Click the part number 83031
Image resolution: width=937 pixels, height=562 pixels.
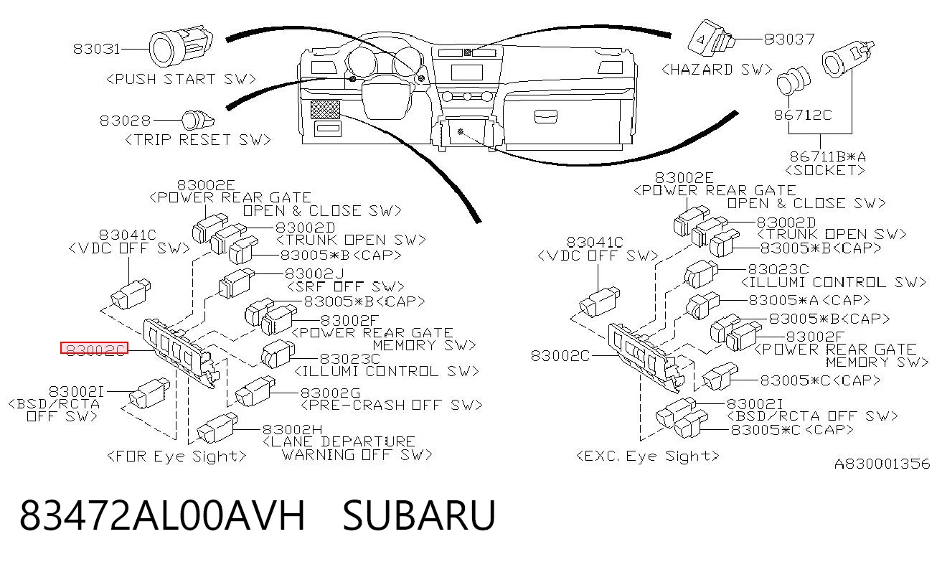click(x=97, y=50)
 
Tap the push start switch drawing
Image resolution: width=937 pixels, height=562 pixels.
click(x=181, y=45)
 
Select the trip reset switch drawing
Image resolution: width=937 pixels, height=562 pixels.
click(x=197, y=121)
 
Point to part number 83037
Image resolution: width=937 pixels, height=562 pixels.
click(x=789, y=39)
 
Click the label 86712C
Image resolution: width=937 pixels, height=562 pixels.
click(x=803, y=115)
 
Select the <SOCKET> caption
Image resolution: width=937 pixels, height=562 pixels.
click(x=825, y=170)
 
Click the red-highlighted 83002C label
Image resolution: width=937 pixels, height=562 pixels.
click(x=94, y=347)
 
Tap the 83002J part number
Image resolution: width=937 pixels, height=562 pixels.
click(x=314, y=273)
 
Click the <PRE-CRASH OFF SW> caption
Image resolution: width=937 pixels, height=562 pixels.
click(x=392, y=405)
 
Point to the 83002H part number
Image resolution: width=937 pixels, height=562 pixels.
click(x=293, y=429)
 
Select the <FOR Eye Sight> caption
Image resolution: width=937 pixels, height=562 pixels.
click(x=177, y=456)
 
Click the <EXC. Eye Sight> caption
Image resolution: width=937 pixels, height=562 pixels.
click(x=648, y=456)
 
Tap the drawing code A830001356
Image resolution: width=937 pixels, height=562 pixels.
click(x=882, y=464)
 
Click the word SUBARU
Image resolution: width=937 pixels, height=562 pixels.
click(x=419, y=515)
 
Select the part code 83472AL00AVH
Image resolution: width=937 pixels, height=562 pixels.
click(x=162, y=515)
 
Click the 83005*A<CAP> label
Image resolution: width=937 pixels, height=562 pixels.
click(x=809, y=300)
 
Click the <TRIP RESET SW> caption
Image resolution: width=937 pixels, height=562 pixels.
click(x=198, y=140)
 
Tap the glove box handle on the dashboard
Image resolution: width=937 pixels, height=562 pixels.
click(x=546, y=117)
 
